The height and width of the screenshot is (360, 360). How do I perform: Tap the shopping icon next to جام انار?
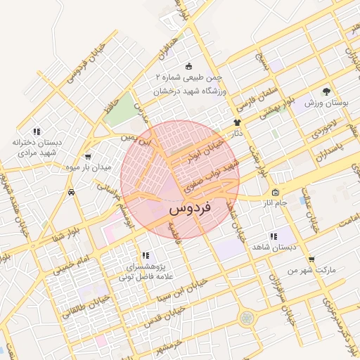pyautogui.click(x=274, y=192)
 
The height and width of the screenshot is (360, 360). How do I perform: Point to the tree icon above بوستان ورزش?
pyautogui.click(x=326, y=92)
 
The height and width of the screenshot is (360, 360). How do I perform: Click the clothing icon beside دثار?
pyautogui.click(x=236, y=122)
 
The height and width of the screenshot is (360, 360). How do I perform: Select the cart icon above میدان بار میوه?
pyautogui.click(x=88, y=157)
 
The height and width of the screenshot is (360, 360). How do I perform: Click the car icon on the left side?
pyautogui.click(x=71, y=191)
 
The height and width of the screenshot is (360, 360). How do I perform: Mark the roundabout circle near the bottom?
pyautogui.click(x=247, y=319)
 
